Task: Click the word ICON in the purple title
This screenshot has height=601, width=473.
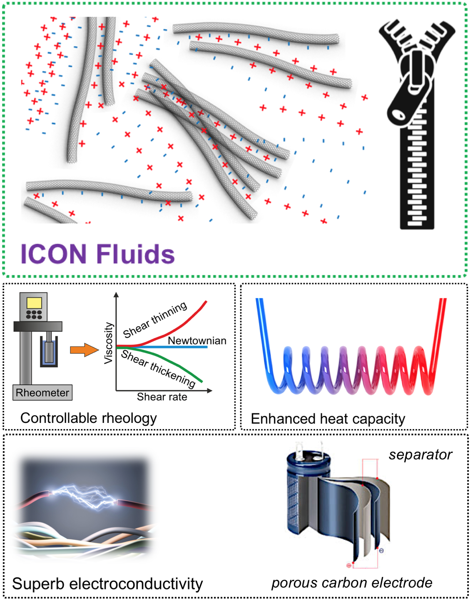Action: click(x=53, y=254)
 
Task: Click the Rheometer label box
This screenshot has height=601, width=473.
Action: click(x=42, y=392)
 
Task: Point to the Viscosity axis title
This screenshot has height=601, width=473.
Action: click(x=108, y=343)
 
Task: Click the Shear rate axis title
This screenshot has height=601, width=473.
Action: click(x=162, y=397)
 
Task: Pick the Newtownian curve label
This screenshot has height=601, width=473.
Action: click(x=197, y=340)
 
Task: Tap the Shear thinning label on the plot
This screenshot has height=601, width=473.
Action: click(x=155, y=319)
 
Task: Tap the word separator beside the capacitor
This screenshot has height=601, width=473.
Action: click(x=420, y=455)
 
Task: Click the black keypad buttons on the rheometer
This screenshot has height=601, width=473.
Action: click(x=34, y=314)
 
